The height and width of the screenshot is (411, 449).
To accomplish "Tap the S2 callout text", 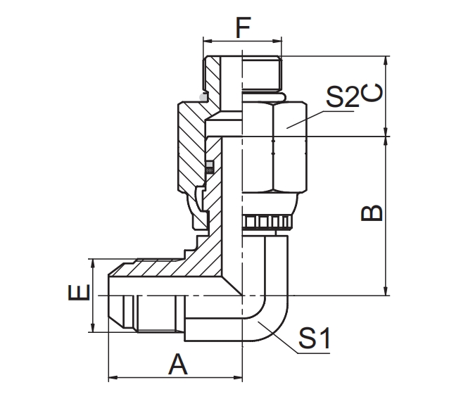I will pos(342,98).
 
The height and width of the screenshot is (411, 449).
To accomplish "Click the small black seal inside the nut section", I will pos(209,169).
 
